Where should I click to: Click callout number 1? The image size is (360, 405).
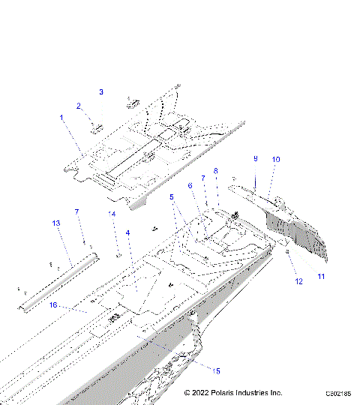(61, 117)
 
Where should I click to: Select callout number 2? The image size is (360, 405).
(78, 106)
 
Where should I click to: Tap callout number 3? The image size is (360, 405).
(101, 91)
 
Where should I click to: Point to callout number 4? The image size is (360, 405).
(127, 233)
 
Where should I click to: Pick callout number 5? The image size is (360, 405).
(171, 197)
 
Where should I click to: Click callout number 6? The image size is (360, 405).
(190, 185)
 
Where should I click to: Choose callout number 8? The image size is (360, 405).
(216, 171)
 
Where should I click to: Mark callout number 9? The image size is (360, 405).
(255, 159)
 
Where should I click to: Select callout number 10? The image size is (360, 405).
(276, 160)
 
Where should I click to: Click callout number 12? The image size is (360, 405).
(298, 281)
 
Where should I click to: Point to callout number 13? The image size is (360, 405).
(55, 223)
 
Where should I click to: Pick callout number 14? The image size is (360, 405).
(112, 214)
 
